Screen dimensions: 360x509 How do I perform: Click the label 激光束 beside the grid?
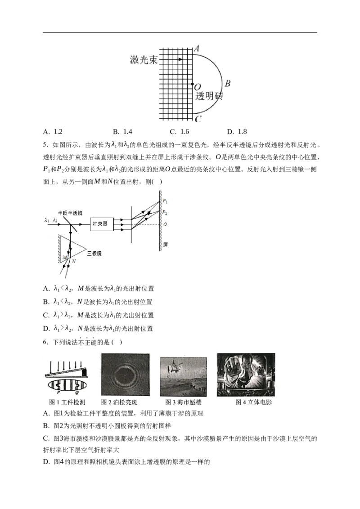pyautogui.click(x=144, y=60)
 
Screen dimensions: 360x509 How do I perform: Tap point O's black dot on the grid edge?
pyautogui.click(x=193, y=85)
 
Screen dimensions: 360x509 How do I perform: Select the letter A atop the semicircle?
pyautogui.click(x=197, y=49)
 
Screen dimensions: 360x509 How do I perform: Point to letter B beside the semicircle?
pyautogui.click(x=227, y=84)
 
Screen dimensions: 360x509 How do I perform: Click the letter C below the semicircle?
pyautogui.click(x=198, y=119)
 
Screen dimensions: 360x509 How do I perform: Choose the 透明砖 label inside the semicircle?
pyautogui.click(x=209, y=96)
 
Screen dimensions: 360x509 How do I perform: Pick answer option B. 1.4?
pyautogui.click(x=122, y=131)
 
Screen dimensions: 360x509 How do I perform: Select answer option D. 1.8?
pyautogui.click(x=237, y=131)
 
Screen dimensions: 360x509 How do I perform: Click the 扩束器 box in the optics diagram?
pyautogui.click(x=100, y=224)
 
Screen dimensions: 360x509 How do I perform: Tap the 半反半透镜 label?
pyautogui.click(x=70, y=213)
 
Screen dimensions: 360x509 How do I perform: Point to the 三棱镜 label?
pyautogui.click(x=94, y=253)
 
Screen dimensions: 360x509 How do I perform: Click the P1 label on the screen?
pyautogui.click(x=165, y=201)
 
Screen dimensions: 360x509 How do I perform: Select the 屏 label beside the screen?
pyautogui.click(x=166, y=245)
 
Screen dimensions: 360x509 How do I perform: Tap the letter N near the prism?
pyautogui.click(x=74, y=261)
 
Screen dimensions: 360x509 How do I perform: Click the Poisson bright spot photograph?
pyautogui.click(x=126, y=374)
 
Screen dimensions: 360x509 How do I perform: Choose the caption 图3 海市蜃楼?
pyautogui.click(x=184, y=402)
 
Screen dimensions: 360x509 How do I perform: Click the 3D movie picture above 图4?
pyautogui.click(x=246, y=375)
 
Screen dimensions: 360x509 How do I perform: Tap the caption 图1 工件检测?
pyautogui.click(x=67, y=402)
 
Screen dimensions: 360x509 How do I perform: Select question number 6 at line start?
pyautogui.click(x=45, y=342)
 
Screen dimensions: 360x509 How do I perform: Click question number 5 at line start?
pyautogui.click(x=45, y=145)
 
